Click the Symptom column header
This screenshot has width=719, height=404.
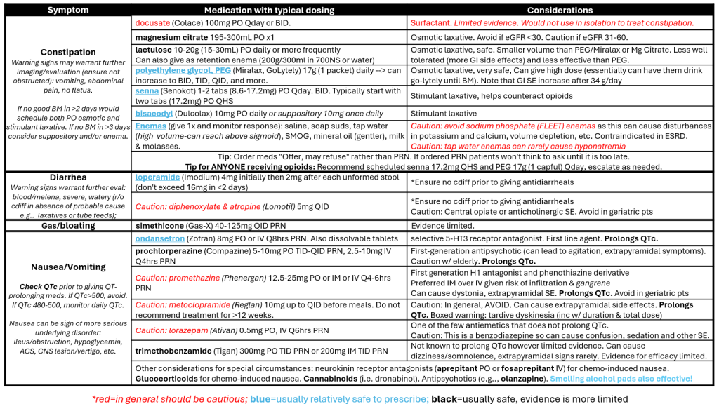click(x=68, y=10)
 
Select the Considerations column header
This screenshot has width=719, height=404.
click(x=560, y=10)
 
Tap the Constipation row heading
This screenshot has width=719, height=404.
click(x=68, y=52)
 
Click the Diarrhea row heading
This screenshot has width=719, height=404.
click(x=68, y=177)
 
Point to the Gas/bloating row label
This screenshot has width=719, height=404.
click(x=68, y=226)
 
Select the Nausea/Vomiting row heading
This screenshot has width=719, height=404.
click(x=68, y=267)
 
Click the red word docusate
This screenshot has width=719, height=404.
click(x=152, y=23)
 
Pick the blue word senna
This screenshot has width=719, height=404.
click(x=147, y=92)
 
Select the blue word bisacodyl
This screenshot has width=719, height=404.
click(x=154, y=114)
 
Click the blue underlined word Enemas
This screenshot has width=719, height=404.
click(x=150, y=126)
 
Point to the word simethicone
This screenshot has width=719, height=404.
click(x=159, y=226)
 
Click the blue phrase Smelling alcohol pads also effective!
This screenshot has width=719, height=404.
click(x=621, y=379)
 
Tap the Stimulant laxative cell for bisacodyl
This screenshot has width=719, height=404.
click(x=443, y=114)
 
